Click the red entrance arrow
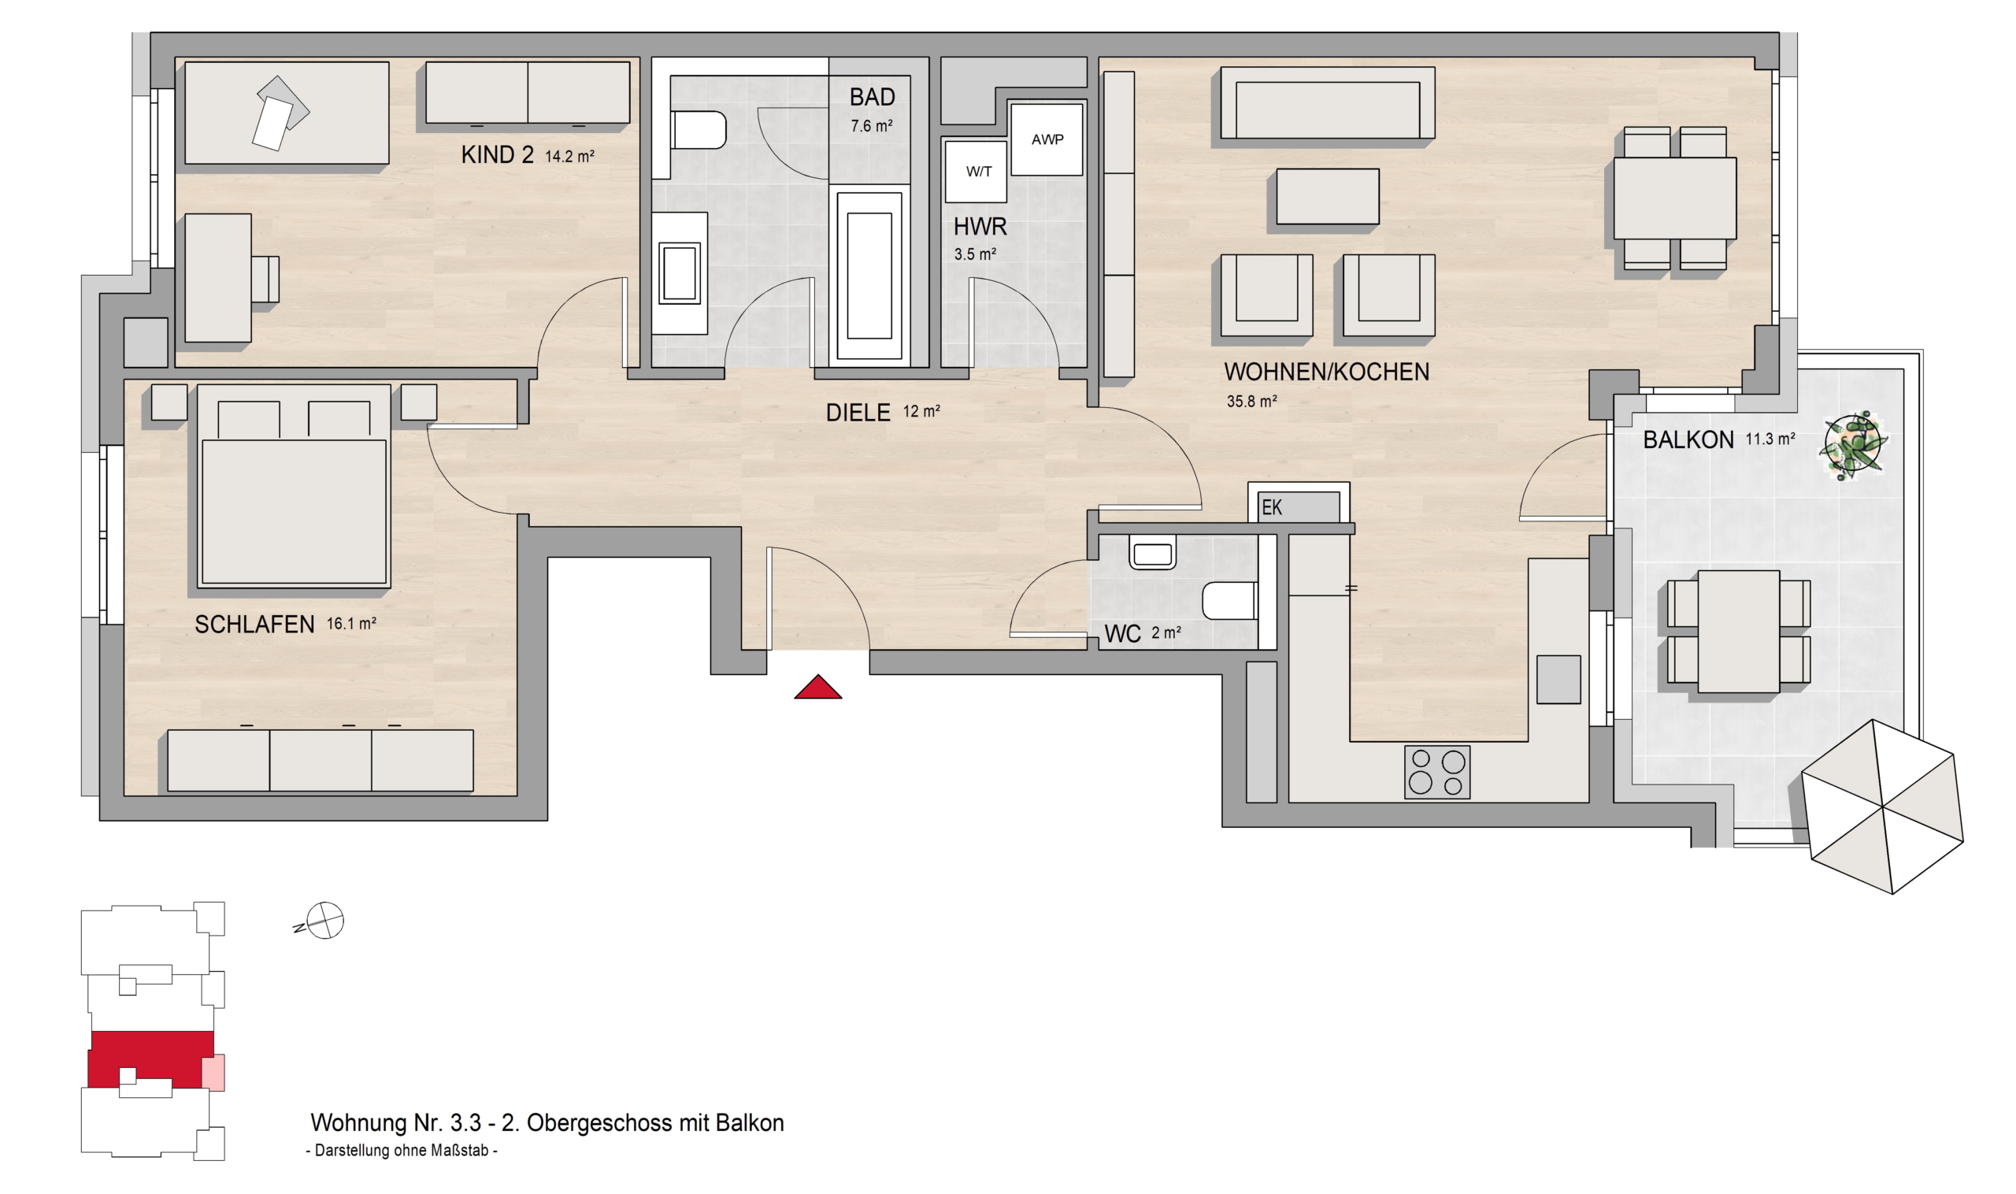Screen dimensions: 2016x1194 [817, 687]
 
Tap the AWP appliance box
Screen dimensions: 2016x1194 [1047, 139]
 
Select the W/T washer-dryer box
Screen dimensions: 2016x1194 [976, 172]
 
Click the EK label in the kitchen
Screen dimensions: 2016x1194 [1272, 508]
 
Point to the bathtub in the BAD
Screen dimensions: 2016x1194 [869, 275]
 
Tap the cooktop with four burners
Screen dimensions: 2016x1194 [1436, 772]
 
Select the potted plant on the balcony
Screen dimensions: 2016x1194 [1854, 447]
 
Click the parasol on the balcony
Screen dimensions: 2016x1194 [1881, 807]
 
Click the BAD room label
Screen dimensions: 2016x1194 [872, 98]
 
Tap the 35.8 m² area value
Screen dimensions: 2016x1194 [1252, 401]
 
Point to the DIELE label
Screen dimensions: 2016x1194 [858, 413]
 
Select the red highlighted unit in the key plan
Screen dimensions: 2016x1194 [150, 1059]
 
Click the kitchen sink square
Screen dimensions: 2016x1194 [1558, 680]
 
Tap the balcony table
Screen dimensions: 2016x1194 [1739, 632]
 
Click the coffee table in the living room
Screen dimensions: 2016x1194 [1328, 196]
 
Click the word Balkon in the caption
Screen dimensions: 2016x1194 [750, 1123]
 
